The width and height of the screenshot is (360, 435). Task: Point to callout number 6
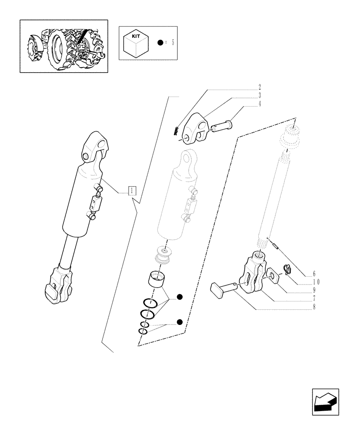(313, 274)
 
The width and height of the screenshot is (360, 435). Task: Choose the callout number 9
(313, 290)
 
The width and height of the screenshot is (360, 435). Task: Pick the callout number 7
(313, 299)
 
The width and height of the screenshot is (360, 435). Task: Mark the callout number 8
(313, 307)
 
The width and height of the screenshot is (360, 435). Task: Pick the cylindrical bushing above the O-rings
(158, 278)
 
